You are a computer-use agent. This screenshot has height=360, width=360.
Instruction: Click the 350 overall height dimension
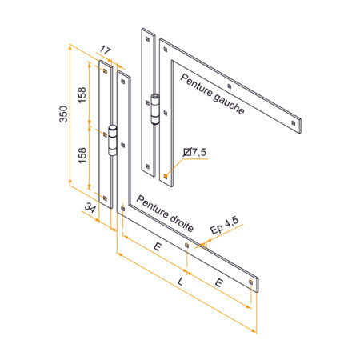(63, 114)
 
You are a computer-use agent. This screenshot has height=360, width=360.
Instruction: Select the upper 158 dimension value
(82, 95)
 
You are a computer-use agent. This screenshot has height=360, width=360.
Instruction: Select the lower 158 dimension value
(82, 155)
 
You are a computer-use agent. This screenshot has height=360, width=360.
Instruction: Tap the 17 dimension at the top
(106, 50)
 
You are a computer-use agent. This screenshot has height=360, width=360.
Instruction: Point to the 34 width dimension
(90, 208)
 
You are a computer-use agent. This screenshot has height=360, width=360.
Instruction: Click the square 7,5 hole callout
(195, 152)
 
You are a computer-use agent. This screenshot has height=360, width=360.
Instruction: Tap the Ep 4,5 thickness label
(224, 226)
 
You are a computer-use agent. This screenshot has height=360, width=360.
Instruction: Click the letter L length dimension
(181, 282)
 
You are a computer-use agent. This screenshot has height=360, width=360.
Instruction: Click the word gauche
(229, 105)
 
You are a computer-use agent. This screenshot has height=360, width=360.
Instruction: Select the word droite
(182, 224)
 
